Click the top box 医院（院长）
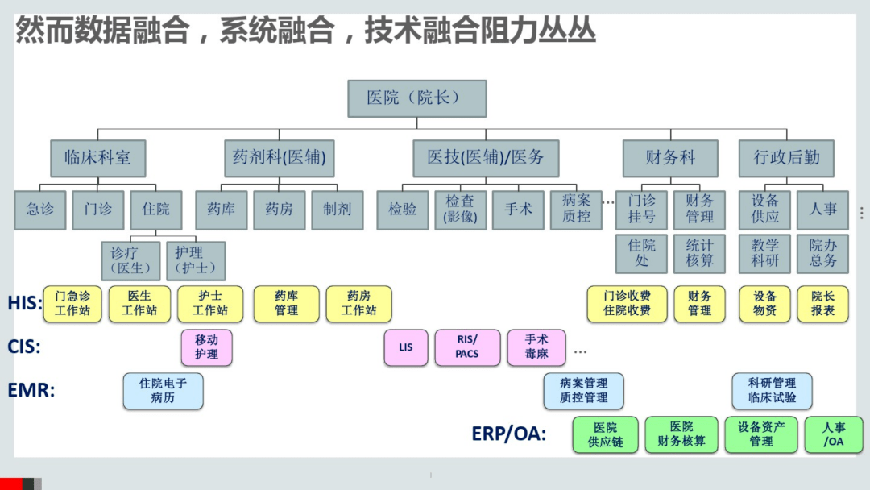tap(416, 98)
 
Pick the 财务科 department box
tap(670, 158)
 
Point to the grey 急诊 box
tap(40, 210)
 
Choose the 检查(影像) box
tap(460, 210)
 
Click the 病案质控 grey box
tap(576, 210)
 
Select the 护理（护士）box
tap(195, 260)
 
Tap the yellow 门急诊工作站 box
tap(72, 304)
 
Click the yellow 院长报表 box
tap(823, 304)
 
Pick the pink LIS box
tap(405, 347)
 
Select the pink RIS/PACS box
tap(467, 347)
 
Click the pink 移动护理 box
tap(206, 347)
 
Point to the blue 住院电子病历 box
tap(163, 391)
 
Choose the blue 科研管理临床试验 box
tap(772, 391)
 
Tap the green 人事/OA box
tap(834, 434)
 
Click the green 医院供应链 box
tap(606, 434)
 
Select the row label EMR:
tap(32, 391)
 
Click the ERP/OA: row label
tap(508, 434)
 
